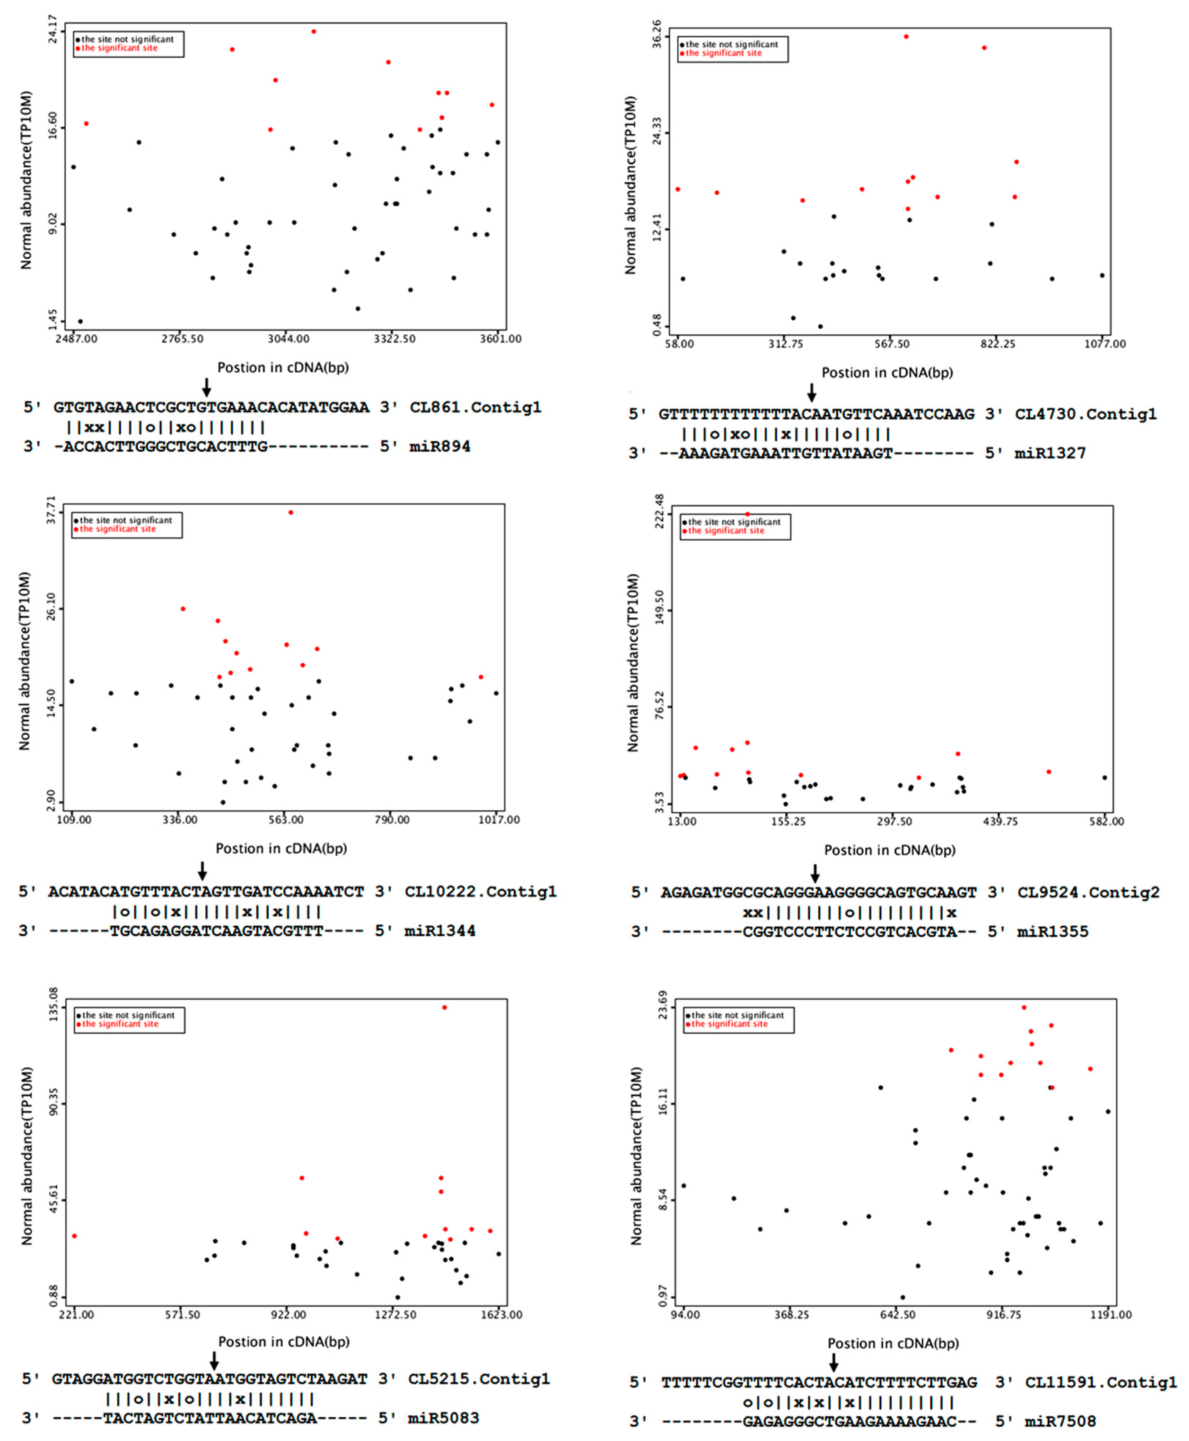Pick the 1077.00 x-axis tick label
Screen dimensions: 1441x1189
point(1104,344)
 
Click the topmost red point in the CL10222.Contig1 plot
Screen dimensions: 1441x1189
point(291,512)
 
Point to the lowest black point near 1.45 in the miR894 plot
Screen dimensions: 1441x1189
point(80,321)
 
